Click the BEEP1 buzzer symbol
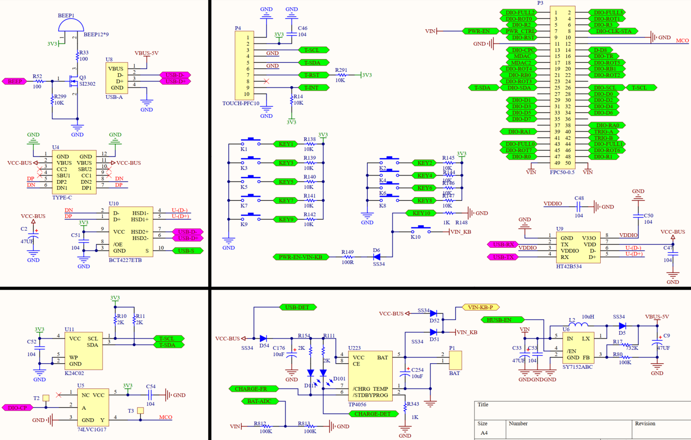71,26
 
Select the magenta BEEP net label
14,81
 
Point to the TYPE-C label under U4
62,198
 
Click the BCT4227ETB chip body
130,232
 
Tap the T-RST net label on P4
312,75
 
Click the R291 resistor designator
341,70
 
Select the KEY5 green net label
286,181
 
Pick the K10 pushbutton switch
420,230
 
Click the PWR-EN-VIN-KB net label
300,257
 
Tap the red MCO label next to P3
682,41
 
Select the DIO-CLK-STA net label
613,31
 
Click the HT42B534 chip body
579,247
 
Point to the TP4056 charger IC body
370,376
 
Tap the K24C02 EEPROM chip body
83,351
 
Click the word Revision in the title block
645,423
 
